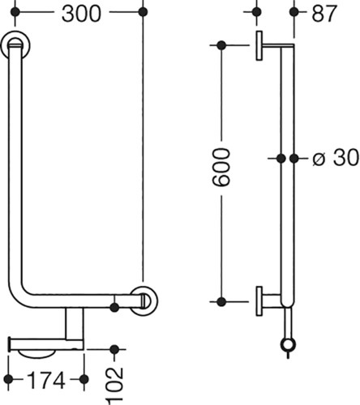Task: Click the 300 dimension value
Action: [81, 14]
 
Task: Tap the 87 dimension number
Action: [324, 14]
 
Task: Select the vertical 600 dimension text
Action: [221, 168]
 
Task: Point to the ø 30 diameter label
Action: [336, 157]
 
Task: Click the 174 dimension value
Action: [46, 380]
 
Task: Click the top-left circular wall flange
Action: [15, 45]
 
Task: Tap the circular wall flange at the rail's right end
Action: [144, 301]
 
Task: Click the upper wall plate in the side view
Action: [259, 45]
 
